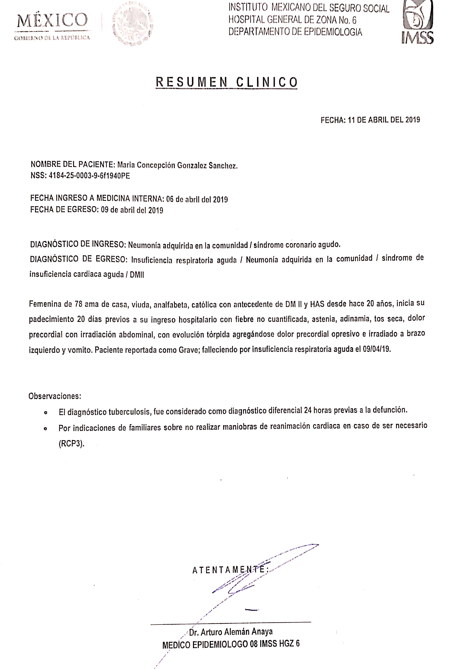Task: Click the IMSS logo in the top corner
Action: pos(417,22)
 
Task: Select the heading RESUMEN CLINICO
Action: pos(227,82)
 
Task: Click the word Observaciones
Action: pos(55,396)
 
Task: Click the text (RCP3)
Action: pos(71,444)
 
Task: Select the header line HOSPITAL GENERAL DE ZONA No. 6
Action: pos(292,20)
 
